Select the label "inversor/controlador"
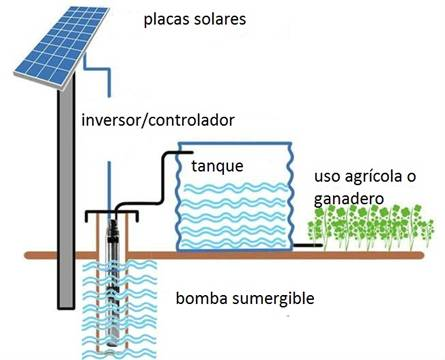click(x=158, y=120)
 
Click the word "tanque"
click(x=217, y=166)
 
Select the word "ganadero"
click(x=349, y=199)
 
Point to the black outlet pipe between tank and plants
click(x=308, y=245)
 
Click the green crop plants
click(x=371, y=228)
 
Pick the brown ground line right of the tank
click(x=358, y=255)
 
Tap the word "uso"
click(x=327, y=177)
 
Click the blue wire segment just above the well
click(x=108, y=186)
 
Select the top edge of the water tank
click(x=235, y=143)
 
